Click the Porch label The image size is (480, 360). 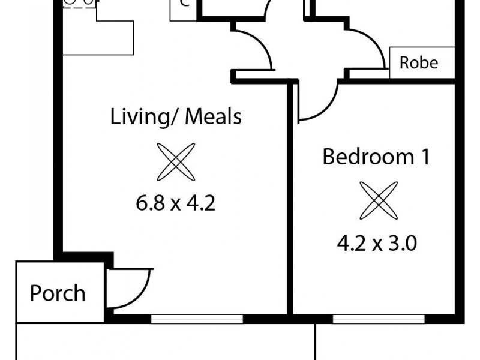[x=58, y=293]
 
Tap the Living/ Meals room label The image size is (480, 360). [x=176, y=116]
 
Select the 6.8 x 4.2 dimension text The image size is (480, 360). [x=175, y=204]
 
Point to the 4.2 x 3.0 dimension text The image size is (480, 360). [x=377, y=244]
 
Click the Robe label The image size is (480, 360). [x=419, y=62]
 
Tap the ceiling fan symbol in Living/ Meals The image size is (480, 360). [x=176, y=161]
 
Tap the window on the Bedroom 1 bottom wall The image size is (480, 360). [x=379, y=319]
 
